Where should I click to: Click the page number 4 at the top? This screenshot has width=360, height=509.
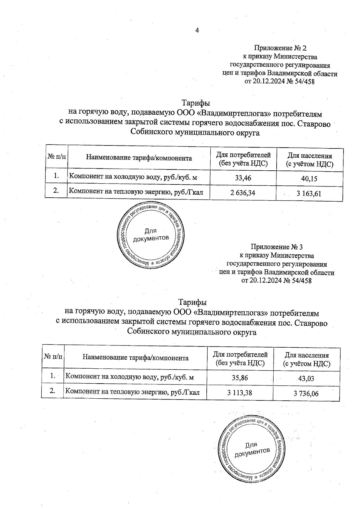pos(197,30)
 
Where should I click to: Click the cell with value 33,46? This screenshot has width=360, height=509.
pos(243,178)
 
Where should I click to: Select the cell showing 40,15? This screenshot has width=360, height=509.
pos(309,179)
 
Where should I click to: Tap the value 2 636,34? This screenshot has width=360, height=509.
pos(243,193)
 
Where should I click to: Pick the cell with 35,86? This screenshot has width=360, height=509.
pos(240,378)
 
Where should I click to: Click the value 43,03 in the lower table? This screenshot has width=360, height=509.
pos(306,379)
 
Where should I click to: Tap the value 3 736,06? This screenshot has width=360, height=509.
pos(306,393)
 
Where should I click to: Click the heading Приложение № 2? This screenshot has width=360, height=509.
pos(280,48)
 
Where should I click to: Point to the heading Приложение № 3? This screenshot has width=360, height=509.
pos(277,247)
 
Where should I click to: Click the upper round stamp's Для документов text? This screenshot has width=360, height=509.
pos(151,235)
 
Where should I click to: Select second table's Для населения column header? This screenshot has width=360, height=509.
pos(307,359)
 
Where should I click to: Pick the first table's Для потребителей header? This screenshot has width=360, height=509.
pos(243,159)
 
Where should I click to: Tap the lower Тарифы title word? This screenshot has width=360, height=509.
pos(193,302)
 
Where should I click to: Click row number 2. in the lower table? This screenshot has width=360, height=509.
pos(52,391)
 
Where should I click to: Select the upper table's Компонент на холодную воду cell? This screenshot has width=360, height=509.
pos(133,177)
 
